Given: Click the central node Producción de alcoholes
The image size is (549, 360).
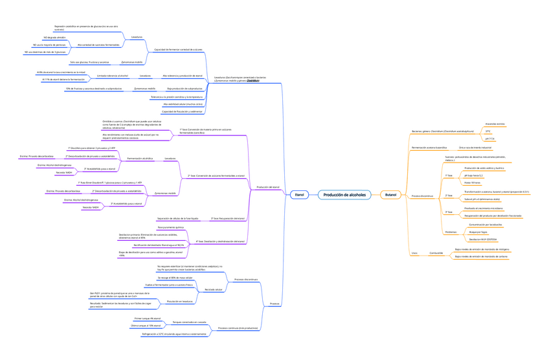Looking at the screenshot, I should [344, 194].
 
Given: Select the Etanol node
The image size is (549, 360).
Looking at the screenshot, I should [298, 194].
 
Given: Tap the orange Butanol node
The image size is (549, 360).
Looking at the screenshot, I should [390, 194].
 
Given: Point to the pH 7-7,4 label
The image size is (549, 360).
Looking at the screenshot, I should [489, 139].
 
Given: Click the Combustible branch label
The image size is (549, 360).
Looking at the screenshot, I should [436, 253].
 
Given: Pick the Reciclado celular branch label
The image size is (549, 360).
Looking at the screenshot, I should [213, 289].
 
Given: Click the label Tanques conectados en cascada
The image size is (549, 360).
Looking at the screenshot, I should [190, 322].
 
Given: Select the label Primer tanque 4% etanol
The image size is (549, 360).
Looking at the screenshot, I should [147, 319].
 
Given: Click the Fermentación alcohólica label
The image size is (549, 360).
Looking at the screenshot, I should [140, 158].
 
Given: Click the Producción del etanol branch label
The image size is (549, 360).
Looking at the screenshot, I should [268, 186].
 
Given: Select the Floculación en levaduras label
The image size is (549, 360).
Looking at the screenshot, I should [180, 301].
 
